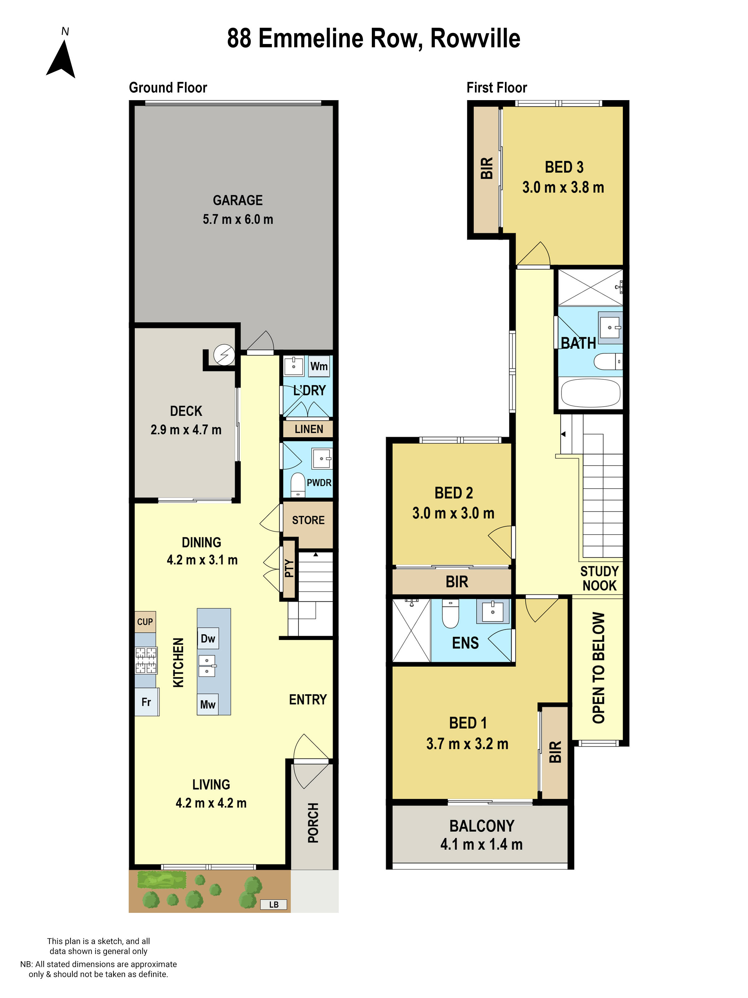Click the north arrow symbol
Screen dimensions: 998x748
click(x=61, y=59)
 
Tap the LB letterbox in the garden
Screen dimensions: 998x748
click(x=274, y=904)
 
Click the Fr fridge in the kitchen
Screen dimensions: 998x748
click(x=146, y=702)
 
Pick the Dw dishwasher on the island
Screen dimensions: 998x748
click(x=208, y=638)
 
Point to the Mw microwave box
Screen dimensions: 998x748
click(x=208, y=704)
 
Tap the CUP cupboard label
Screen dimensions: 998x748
click(x=145, y=622)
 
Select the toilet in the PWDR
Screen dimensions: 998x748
click(x=298, y=485)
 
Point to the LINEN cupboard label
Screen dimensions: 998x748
click(x=309, y=429)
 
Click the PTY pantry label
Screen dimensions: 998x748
click(x=289, y=569)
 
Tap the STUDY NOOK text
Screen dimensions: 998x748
click(x=599, y=579)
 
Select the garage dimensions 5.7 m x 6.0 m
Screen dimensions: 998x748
click(x=237, y=219)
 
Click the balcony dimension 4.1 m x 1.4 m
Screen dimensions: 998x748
click(x=481, y=844)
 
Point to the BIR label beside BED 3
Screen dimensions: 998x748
click(x=487, y=168)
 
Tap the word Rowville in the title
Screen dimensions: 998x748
click(x=475, y=38)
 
